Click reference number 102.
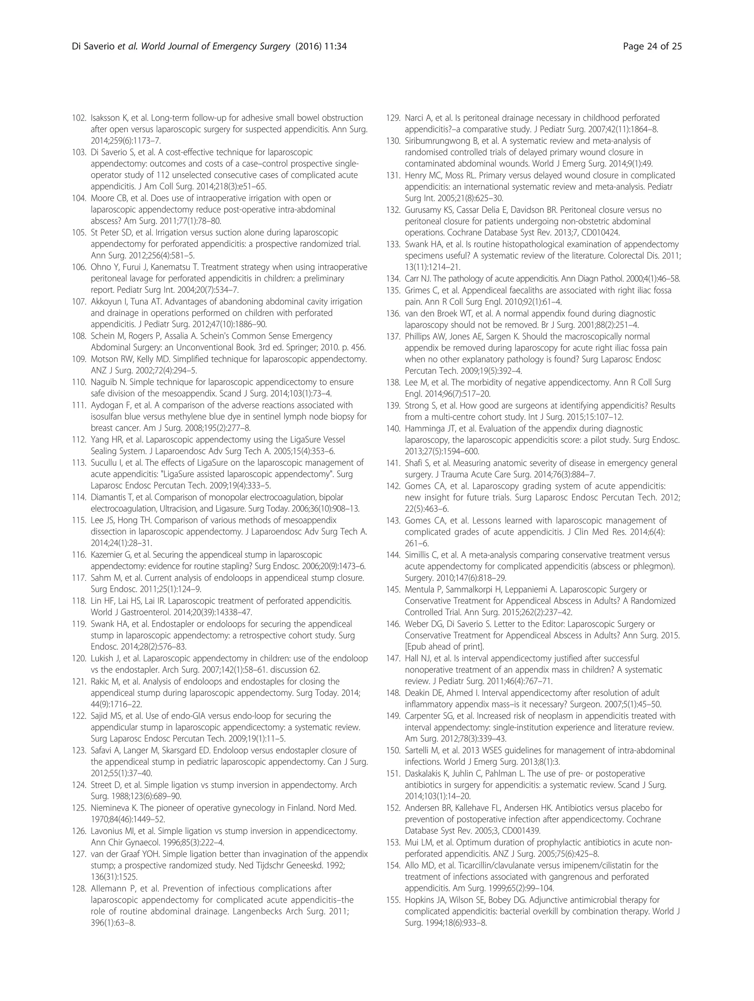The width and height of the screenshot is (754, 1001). (x=79, y=118)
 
